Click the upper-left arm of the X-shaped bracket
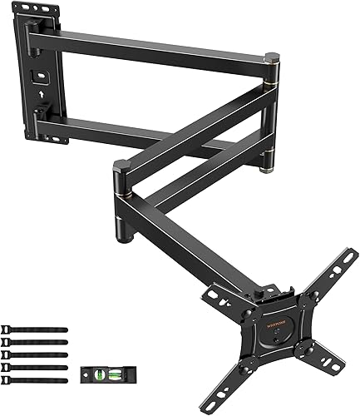tap(219, 295)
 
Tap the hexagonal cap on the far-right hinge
tap(271, 58)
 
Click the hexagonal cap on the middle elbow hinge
tap(121, 166)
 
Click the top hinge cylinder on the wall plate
tap(32, 33)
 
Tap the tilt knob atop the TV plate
tap(268, 294)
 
